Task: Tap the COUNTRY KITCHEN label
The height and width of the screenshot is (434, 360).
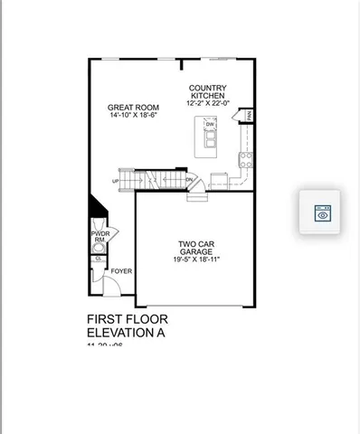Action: point(208,92)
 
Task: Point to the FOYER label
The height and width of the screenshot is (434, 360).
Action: point(121,270)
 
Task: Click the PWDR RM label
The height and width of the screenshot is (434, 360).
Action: point(99,237)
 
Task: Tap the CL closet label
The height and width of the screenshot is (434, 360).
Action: point(98,259)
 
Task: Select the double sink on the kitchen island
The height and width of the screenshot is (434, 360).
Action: point(211,139)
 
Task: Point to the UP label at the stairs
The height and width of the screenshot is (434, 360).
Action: point(115,182)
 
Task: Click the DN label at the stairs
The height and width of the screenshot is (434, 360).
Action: point(189,181)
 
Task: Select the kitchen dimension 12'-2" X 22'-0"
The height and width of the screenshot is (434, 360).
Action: point(208,102)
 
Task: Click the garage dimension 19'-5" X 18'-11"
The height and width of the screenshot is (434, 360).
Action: point(197,259)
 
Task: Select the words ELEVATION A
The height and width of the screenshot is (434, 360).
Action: point(127,333)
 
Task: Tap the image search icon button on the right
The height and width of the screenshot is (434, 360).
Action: point(323,213)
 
